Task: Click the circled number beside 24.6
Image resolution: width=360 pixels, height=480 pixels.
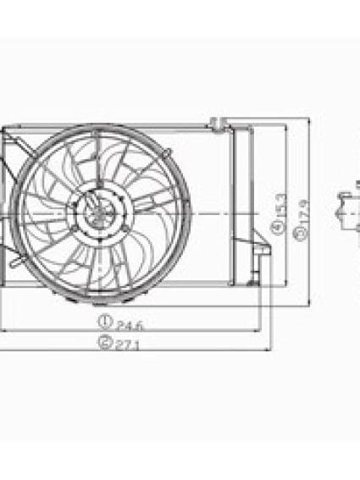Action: [x=105, y=322]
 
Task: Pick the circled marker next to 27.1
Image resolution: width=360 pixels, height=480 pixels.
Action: [x=104, y=343]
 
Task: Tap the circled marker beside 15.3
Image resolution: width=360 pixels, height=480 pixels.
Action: [x=278, y=227]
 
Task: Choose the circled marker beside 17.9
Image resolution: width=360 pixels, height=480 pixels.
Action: [x=300, y=231]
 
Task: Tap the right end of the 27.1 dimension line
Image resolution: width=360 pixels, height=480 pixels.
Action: [x=270, y=349]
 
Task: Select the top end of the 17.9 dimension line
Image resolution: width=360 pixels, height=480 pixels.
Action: [x=309, y=120]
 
